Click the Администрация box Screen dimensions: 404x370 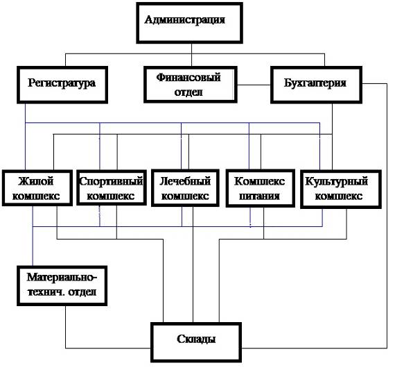(x=189, y=23)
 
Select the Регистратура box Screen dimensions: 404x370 (x=62, y=85)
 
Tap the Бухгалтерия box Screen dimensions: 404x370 (x=317, y=85)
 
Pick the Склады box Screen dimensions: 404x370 (x=196, y=342)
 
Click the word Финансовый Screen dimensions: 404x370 (x=188, y=77)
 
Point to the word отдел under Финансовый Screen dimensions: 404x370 (x=188, y=92)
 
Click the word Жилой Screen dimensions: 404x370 (x=36, y=181)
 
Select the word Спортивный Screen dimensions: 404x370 (x=111, y=181)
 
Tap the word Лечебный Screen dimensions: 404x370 (x=185, y=181)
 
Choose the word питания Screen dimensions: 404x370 (x=259, y=196)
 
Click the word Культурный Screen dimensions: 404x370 (x=336, y=181)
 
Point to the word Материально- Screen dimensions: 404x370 (x=62, y=278)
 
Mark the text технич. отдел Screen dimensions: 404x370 (x=62, y=292)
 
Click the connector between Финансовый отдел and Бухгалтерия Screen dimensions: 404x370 (x=254, y=85)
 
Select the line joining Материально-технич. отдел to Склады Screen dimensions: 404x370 (x=65, y=348)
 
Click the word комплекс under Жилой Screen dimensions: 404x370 (x=36, y=196)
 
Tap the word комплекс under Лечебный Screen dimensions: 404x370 (x=185, y=196)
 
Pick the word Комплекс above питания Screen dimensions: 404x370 (x=259, y=181)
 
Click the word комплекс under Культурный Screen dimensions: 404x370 (x=339, y=196)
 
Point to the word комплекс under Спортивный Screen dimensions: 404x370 (x=111, y=196)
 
